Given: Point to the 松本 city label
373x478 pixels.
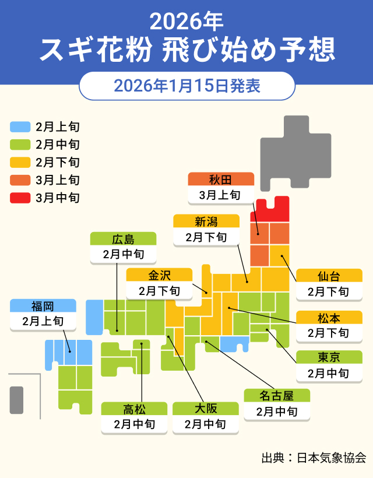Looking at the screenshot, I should tap(329, 318).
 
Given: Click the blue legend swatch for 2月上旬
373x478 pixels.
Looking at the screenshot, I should tap(20, 126).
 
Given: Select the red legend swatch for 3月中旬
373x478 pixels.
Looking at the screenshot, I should tap(20, 198).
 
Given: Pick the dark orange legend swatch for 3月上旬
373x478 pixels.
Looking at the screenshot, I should tap(20, 180).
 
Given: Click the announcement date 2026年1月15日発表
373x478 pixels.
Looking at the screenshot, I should tap(186, 86).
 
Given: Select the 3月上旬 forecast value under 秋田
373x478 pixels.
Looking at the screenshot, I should tap(221, 195).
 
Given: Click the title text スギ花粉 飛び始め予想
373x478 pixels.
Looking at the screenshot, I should tap(186, 50).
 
